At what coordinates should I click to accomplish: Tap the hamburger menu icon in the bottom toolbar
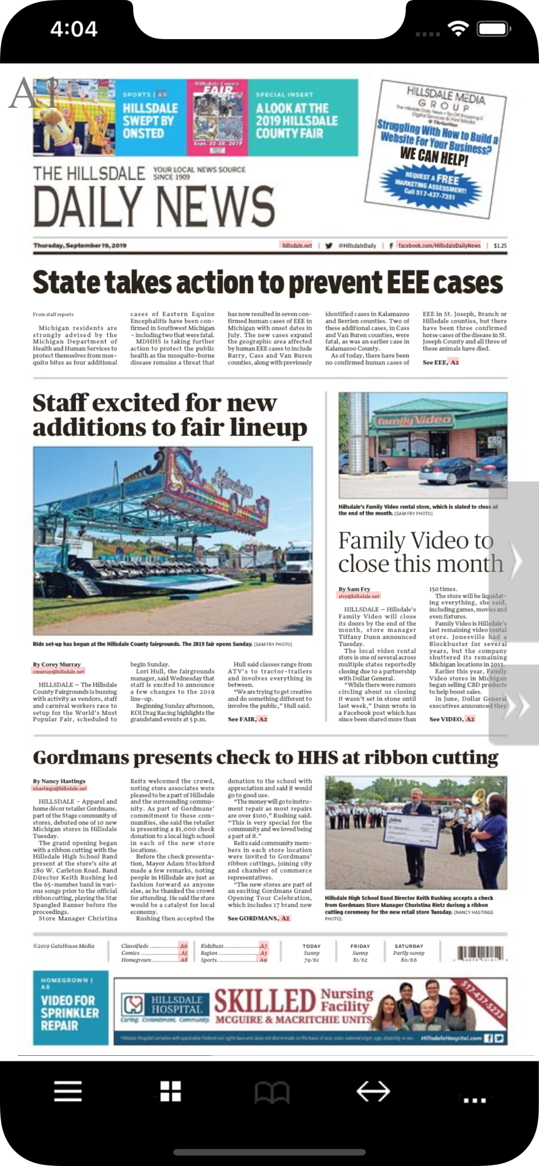68,1091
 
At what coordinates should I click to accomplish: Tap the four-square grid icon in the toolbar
170,1091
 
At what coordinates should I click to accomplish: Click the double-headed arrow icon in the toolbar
373,1091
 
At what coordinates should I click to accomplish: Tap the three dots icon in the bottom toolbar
474,1100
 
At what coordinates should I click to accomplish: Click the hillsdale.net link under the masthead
297,245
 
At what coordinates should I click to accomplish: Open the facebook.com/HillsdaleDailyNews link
439,245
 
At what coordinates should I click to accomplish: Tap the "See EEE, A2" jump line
440,362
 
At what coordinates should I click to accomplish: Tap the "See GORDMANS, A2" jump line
258,918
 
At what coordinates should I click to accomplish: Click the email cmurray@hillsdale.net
58,671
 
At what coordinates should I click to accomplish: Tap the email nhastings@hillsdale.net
60,788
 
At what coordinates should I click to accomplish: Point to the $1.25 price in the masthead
500,245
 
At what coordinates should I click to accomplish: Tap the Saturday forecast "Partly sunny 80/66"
408,953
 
